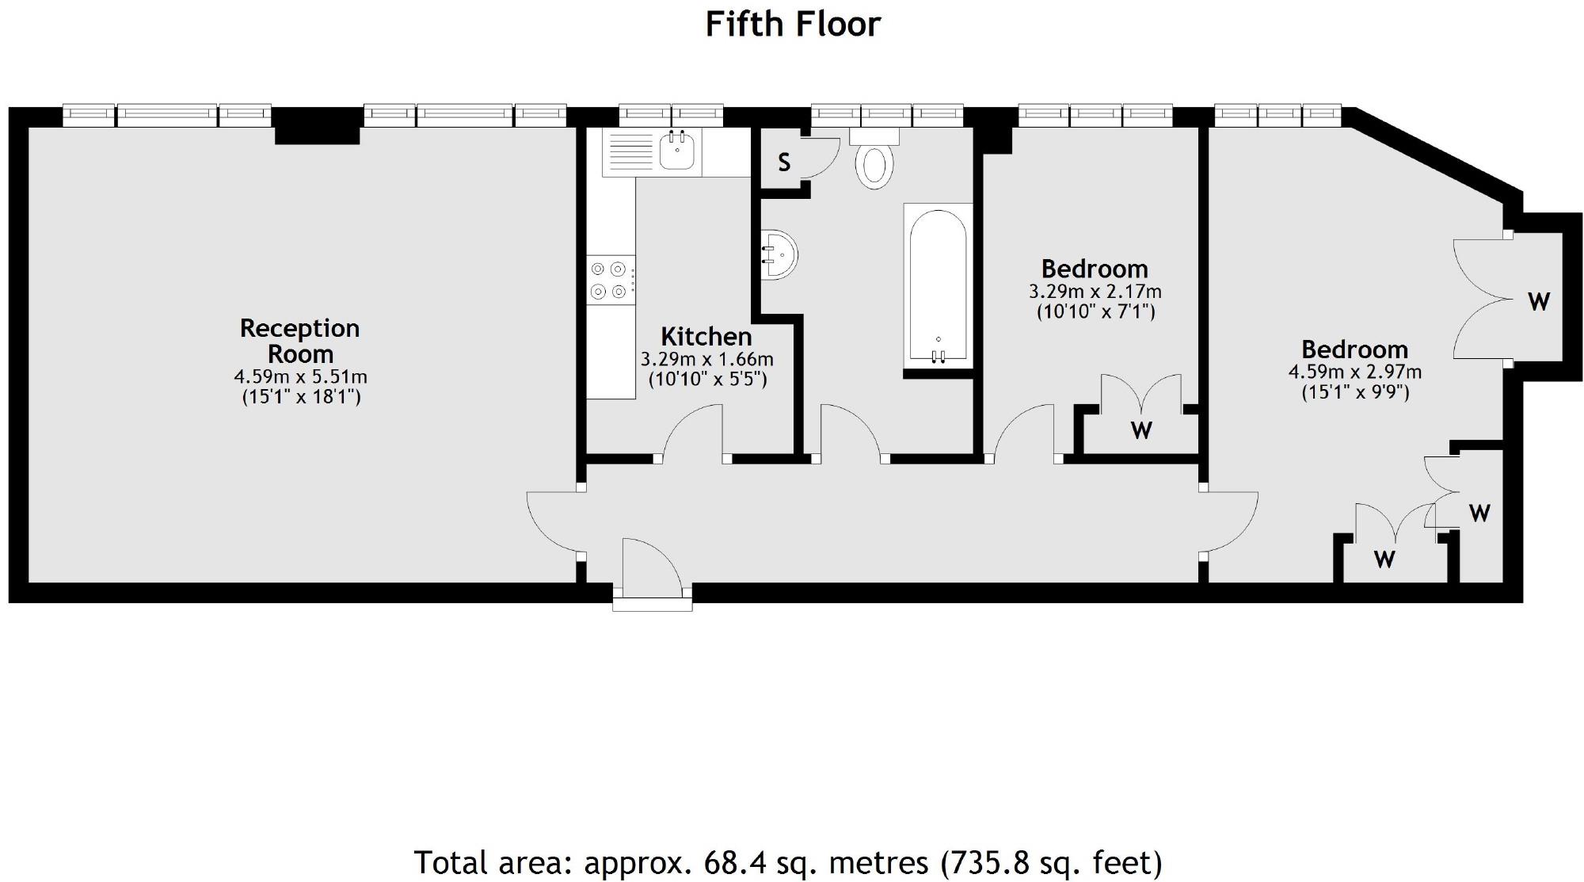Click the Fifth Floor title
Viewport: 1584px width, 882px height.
(x=793, y=24)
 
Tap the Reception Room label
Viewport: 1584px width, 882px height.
(x=300, y=341)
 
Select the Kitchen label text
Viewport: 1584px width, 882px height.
(x=706, y=337)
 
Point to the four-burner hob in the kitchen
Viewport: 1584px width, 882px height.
(x=611, y=281)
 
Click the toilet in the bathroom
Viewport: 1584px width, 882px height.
(x=874, y=158)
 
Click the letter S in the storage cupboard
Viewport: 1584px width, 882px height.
(x=784, y=162)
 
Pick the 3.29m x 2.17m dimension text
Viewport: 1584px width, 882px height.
(x=1095, y=292)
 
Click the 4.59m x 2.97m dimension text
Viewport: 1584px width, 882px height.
(x=1355, y=372)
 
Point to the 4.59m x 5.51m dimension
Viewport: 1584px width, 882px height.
(x=300, y=376)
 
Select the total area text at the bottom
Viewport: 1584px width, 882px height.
(x=788, y=862)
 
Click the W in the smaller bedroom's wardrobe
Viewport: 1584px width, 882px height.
(x=1141, y=430)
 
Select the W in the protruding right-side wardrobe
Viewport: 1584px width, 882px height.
(x=1538, y=301)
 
